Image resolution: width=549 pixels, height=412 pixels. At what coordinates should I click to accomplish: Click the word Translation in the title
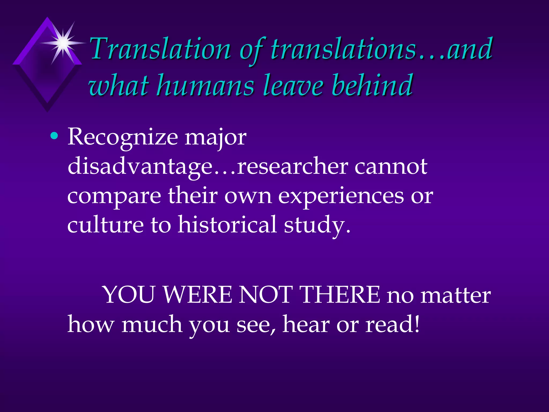click(160, 49)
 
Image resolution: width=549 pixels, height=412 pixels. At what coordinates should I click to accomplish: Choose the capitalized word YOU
click(129, 295)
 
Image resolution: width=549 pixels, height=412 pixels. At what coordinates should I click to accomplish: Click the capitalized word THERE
click(340, 295)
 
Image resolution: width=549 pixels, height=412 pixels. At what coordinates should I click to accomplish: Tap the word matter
click(455, 295)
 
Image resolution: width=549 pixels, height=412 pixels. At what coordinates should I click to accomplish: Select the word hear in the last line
click(306, 324)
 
